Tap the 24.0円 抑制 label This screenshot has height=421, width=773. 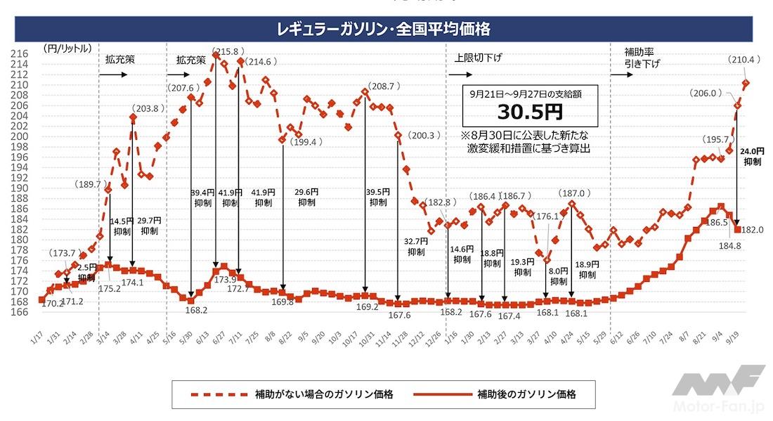tap(753, 156)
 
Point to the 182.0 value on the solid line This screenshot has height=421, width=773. tap(753, 229)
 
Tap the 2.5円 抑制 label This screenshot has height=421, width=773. tap(87, 273)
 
